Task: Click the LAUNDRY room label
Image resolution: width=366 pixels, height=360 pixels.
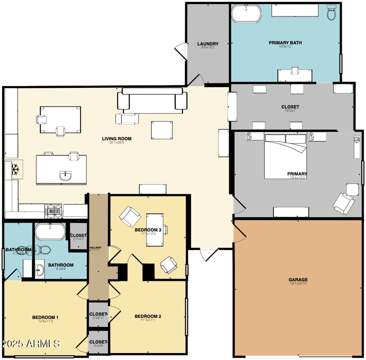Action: [208, 44]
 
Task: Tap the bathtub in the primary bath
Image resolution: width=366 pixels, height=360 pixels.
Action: [246, 14]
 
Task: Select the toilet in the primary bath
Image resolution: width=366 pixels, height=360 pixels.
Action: [332, 13]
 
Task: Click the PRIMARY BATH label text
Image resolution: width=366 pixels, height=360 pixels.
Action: [285, 43]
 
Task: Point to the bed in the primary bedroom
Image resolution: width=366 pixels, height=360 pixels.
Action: [285, 156]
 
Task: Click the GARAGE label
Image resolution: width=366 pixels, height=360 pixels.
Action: [298, 279]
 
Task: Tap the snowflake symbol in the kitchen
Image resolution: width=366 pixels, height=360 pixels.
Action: [15, 169]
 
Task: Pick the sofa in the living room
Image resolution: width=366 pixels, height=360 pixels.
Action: [152, 100]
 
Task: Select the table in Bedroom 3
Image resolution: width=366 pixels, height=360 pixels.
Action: [155, 229]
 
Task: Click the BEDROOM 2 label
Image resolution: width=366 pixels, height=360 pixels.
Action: [148, 316]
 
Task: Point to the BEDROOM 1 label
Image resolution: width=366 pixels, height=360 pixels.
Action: [45, 317]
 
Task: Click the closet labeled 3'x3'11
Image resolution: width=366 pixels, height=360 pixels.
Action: [98, 314]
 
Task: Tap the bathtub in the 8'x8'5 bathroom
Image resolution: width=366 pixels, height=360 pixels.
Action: [50, 232]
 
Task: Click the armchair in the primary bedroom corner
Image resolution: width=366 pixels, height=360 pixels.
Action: [343, 203]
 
